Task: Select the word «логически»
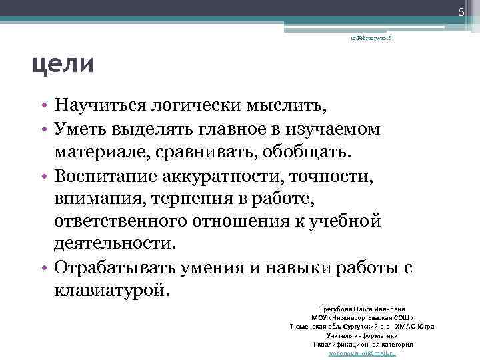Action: [x=204, y=105]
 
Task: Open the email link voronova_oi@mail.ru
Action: [x=363, y=353]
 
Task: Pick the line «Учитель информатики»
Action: [x=363, y=335]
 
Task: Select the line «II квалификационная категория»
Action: [x=363, y=344]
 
